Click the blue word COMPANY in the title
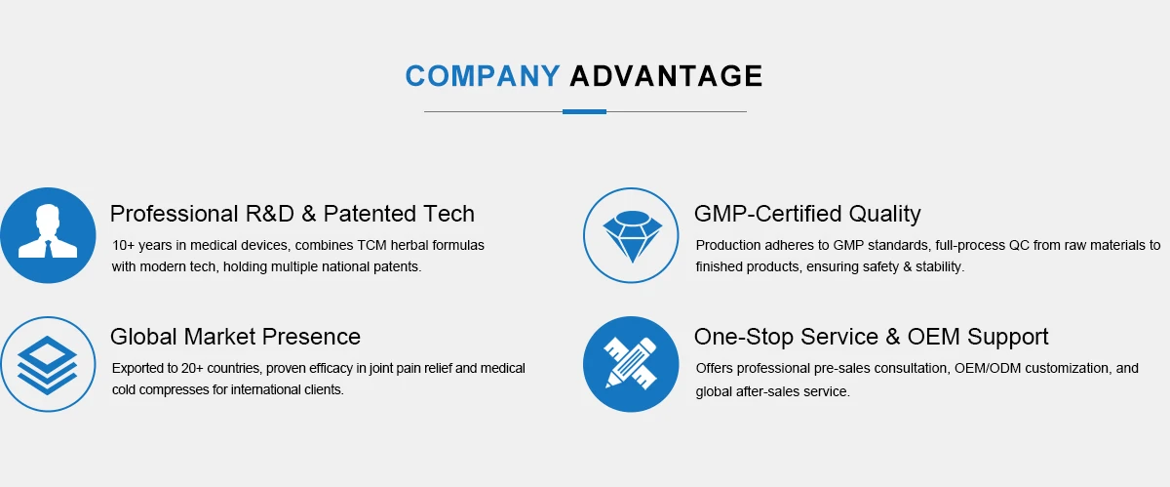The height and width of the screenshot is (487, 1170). pos(483,76)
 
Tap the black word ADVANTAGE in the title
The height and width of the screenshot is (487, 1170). pos(667,76)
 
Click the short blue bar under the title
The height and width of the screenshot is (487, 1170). pos(584,111)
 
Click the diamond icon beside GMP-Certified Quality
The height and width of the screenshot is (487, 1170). pos(632,235)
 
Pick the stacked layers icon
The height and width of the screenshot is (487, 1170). pos(48,364)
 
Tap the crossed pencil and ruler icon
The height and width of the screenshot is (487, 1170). pos(631,364)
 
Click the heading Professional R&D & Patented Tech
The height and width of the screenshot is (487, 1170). pos(292,214)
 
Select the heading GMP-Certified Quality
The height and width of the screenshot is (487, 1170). pos(807,214)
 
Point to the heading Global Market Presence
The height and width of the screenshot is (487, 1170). pos(235,337)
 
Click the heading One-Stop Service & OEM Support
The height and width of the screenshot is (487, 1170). pos(872,337)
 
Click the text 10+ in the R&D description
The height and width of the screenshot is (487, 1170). pos(123,245)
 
